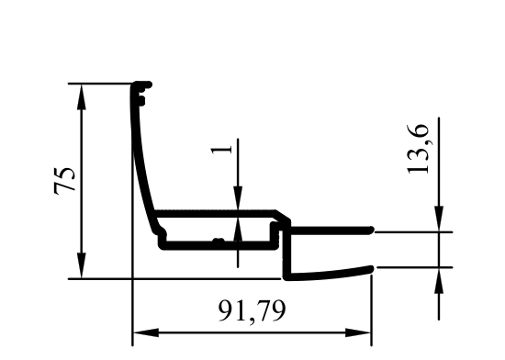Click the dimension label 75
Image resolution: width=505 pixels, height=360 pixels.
coord(64,180)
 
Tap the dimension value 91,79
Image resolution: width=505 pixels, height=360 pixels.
coord(252,311)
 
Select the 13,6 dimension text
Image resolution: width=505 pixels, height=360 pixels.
coord(418,149)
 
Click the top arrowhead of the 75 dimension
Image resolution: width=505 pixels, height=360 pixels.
coord(82,97)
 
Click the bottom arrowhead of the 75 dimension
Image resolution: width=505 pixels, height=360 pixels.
coord(82,265)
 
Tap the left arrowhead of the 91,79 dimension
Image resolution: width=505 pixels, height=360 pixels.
coord(146,332)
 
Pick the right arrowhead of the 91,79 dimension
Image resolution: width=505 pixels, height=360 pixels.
coord(358,332)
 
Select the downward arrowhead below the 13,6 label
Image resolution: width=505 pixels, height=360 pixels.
coord(439,219)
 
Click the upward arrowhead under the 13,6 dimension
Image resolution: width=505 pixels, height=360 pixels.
coord(439,280)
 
